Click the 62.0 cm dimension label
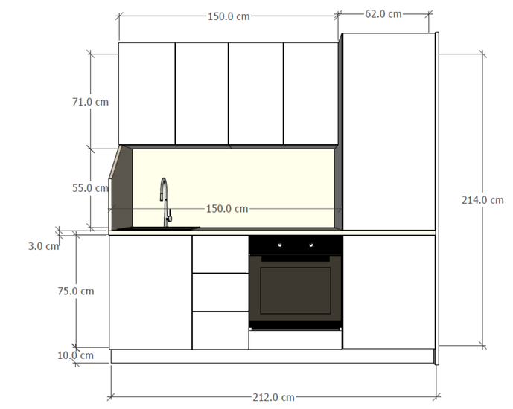[x=383, y=14]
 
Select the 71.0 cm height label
[x=90, y=102]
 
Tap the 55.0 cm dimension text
[x=90, y=188]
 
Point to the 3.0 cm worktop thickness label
[x=43, y=246]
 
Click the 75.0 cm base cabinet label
[x=76, y=291]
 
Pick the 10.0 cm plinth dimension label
[x=76, y=355]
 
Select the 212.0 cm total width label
[x=273, y=397]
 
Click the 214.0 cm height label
[x=482, y=200]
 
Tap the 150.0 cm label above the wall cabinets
[x=229, y=16]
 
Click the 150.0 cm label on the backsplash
[x=227, y=209]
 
